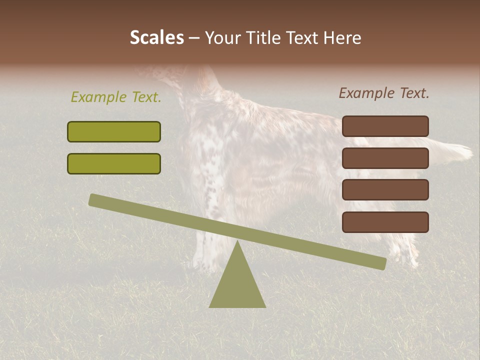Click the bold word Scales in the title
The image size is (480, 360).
tap(156, 38)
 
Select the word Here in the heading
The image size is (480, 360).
tap(342, 38)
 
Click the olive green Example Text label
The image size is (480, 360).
tap(116, 97)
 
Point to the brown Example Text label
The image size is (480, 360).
tap(384, 93)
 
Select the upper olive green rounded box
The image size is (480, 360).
tap(114, 131)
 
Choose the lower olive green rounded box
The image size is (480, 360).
tap(114, 163)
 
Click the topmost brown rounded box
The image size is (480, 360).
tap(385, 126)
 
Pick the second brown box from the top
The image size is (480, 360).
tap(385, 158)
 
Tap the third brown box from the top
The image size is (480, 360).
tap(385, 190)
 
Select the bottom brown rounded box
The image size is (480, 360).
tap(385, 222)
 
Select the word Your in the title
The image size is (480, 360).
tap(221, 38)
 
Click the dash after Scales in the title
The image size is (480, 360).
tap(194, 38)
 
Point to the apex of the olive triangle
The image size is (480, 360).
tap(237, 242)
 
